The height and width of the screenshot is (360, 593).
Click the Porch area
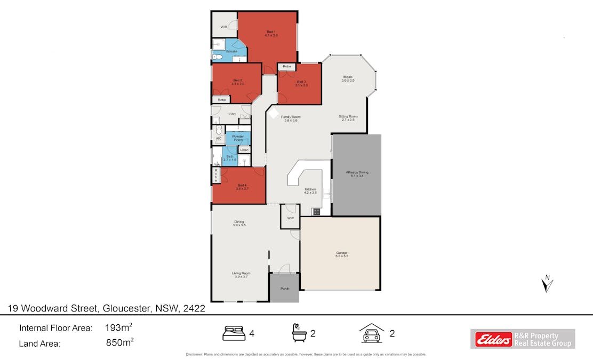pyautogui.click(x=284, y=288)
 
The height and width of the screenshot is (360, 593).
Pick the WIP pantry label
pyautogui.click(x=291, y=218)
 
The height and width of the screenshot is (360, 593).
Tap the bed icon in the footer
pyautogui.click(x=233, y=333)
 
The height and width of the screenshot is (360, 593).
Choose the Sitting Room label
pyautogui.click(x=348, y=117)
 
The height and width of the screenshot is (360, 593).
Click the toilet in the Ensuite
pyautogui.click(x=217, y=57)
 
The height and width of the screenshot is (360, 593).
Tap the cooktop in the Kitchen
pyautogui.click(x=316, y=212)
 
